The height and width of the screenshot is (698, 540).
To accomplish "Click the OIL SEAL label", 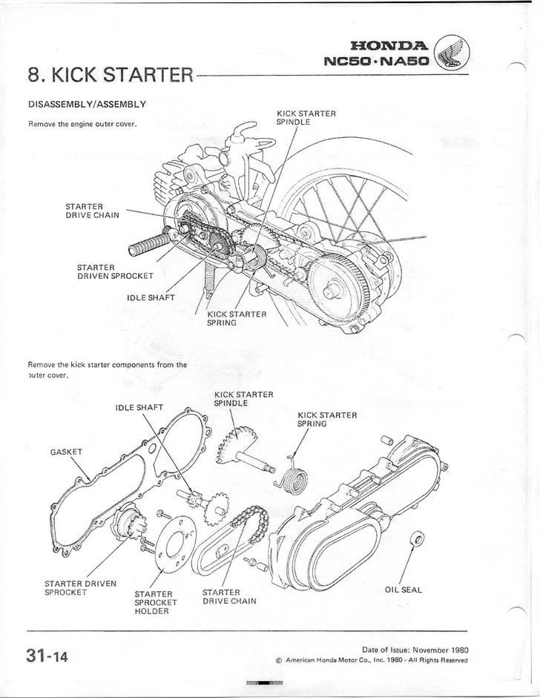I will [403, 590].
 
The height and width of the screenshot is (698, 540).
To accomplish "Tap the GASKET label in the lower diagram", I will [65, 451].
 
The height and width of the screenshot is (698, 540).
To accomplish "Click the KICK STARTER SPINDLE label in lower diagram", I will [243, 398].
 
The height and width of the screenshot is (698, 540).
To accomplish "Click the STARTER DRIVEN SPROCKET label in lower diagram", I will [80, 587].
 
